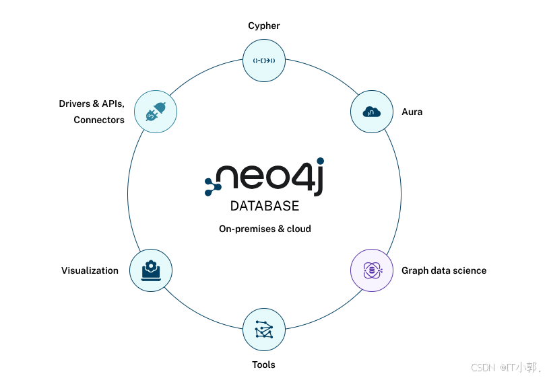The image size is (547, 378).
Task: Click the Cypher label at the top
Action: coord(263,26)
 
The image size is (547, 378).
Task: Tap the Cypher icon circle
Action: coord(264,61)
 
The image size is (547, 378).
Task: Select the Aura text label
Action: coord(412,112)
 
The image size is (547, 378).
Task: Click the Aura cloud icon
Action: coord(372,111)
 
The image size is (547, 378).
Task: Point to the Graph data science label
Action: coord(444,270)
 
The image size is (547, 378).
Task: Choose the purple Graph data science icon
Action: coord(372,270)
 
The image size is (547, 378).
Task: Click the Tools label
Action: coord(263,365)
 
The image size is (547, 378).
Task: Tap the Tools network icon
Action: coord(264,330)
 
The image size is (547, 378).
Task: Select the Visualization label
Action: coord(90,270)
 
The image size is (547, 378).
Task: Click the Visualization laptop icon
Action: coord(150,270)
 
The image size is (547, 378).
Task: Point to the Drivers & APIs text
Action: coord(92,104)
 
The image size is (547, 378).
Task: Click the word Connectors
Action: coord(99,120)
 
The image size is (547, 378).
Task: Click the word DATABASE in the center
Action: coord(265,206)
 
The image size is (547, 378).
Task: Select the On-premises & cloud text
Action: coord(265,229)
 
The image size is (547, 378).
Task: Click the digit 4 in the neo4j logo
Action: coord(296,179)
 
